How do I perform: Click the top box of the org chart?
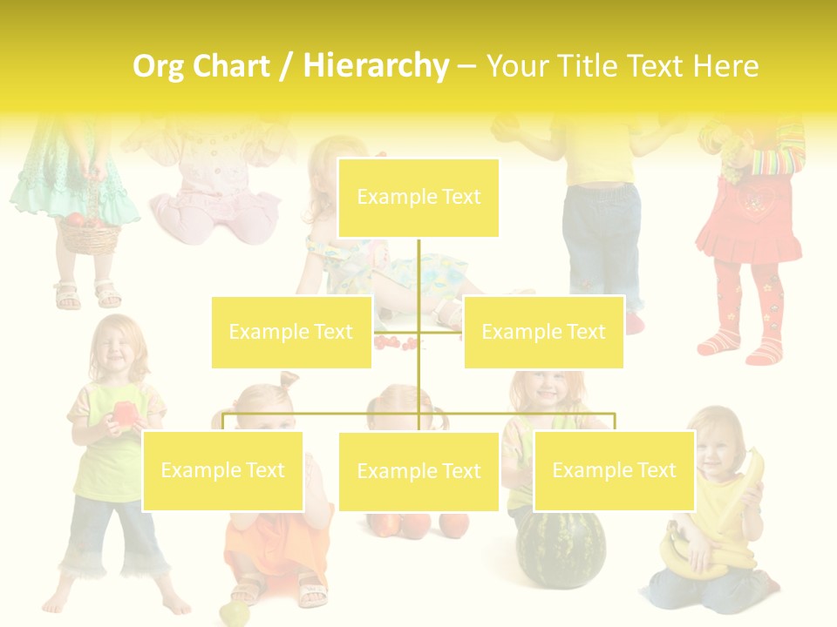click(418, 198)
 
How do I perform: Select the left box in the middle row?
click(291, 332)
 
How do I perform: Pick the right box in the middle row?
click(543, 332)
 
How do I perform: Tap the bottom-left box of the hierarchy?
click(223, 470)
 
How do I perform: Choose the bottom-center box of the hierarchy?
click(418, 471)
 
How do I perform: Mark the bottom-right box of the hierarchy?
click(614, 470)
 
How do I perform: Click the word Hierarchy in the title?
click(376, 65)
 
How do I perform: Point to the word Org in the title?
click(160, 66)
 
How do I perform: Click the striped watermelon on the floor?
click(561, 549)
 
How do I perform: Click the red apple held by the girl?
click(124, 414)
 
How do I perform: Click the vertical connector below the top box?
click(418, 279)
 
